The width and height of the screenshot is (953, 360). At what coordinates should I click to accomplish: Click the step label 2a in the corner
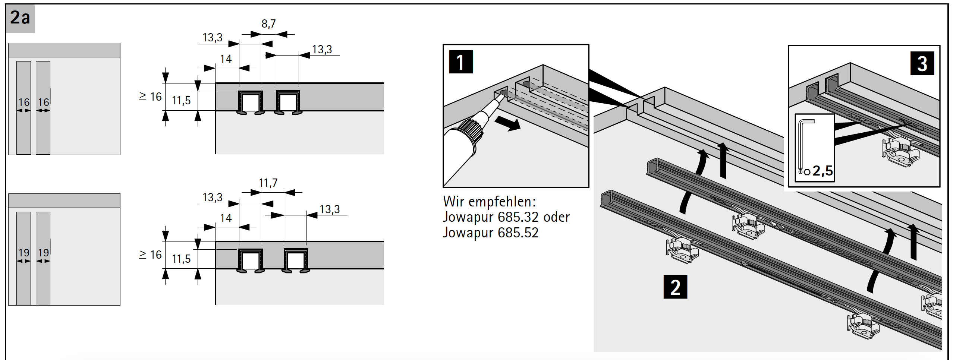[x=20, y=18]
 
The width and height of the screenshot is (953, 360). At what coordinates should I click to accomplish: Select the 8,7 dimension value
[x=268, y=24]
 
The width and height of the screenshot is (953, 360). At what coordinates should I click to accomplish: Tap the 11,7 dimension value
[x=268, y=183]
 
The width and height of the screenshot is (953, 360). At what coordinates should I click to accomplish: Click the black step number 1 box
[x=461, y=62]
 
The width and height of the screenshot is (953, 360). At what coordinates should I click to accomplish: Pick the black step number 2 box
[x=675, y=287]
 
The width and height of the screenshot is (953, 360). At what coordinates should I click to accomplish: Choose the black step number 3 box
[x=922, y=64]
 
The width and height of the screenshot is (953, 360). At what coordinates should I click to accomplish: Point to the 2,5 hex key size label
[x=823, y=171]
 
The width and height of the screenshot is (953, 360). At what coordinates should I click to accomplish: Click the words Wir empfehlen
[x=489, y=202]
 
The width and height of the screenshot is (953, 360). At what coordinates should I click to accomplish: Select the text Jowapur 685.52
[x=490, y=233]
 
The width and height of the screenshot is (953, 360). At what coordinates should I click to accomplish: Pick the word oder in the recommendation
[x=556, y=217]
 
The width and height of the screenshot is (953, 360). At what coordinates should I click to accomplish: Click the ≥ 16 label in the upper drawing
[x=150, y=97]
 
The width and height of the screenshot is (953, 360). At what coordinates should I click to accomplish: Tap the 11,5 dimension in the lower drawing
[x=181, y=259]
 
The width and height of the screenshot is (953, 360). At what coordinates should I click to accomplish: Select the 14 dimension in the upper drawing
[x=226, y=59]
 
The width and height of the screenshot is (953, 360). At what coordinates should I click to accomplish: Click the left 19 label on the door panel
[x=24, y=253]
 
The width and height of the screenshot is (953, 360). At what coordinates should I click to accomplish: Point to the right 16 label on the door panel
[x=43, y=102]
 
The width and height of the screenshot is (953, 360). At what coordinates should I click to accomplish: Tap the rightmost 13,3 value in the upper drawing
[x=322, y=50]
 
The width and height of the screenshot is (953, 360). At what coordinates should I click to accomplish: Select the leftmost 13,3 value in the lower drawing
[x=212, y=198]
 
